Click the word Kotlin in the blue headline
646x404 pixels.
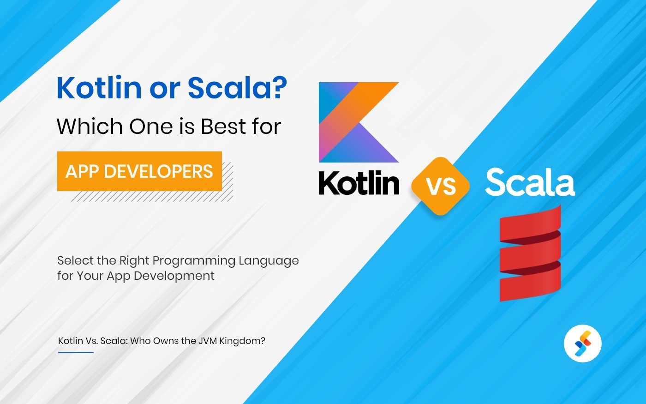tap(99, 87)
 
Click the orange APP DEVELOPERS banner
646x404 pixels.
tap(139, 171)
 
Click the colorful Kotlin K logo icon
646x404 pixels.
tap(359, 122)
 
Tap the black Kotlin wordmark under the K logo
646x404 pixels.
tap(359, 183)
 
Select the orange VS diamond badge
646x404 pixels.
tap(441, 186)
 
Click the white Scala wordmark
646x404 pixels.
tap(530, 183)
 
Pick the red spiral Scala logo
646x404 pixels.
tap(530, 254)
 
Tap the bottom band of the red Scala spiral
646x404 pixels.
tap(530, 284)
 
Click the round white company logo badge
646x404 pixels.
tap(583, 344)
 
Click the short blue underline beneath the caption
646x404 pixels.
tap(76, 352)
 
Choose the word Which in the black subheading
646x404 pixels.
tap(90, 126)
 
